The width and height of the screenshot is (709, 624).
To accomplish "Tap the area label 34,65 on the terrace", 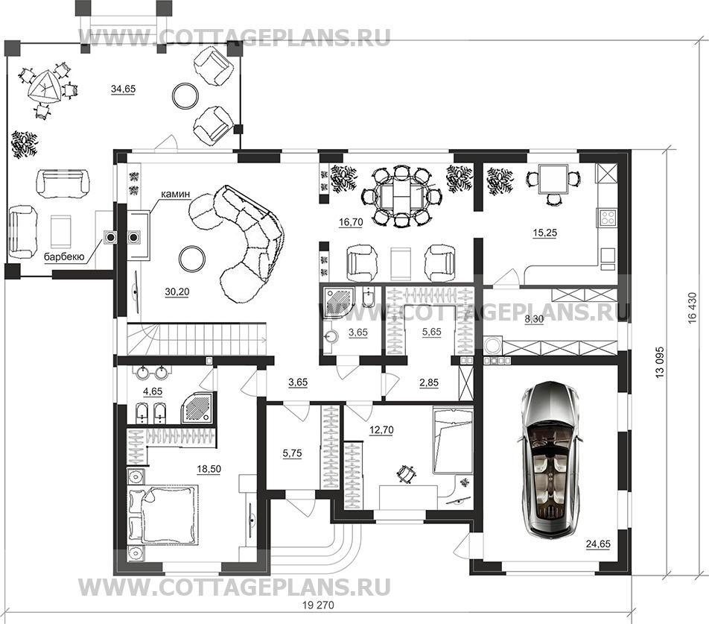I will [124, 89].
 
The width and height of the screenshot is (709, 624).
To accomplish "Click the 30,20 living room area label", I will [177, 291].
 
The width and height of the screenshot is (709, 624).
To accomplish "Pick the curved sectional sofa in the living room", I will [241, 239].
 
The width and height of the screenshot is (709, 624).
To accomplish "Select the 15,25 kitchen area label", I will [544, 233].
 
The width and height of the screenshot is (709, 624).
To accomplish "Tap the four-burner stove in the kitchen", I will [607, 218].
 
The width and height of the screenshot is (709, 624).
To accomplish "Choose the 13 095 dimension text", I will [660, 363].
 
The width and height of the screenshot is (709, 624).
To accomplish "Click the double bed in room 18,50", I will [162, 514].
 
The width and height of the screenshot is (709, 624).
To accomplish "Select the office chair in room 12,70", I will [406, 473].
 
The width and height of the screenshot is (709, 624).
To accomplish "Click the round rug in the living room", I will [193, 259].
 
